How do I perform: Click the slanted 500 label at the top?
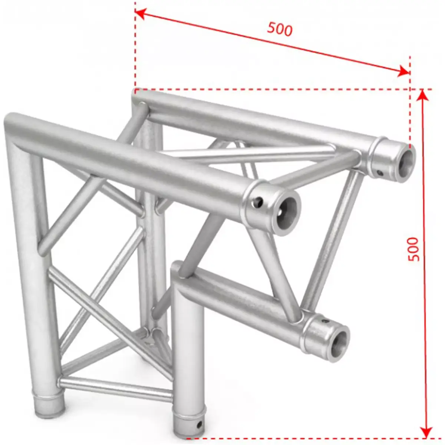[280, 29]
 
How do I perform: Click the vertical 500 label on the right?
[413, 249]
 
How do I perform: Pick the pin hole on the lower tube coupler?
[325, 320]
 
